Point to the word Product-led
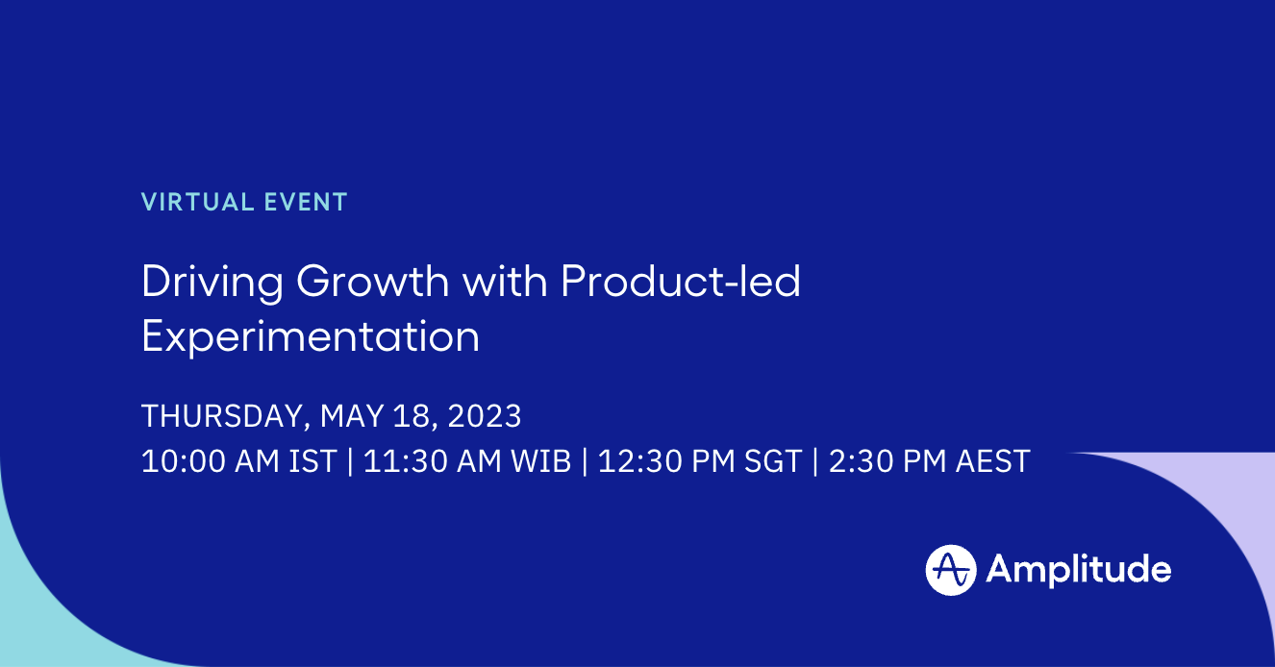click(x=681, y=282)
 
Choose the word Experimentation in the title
click(x=310, y=337)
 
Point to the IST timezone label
click(x=312, y=461)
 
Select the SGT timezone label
click(x=774, y=461)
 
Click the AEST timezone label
click(x=992, y=461)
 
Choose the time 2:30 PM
click(x=887, y=461)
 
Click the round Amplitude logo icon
click(x=951, y=570)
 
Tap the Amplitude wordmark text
click(x=1078, y=570)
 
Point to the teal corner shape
click(x=38, y=615)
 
